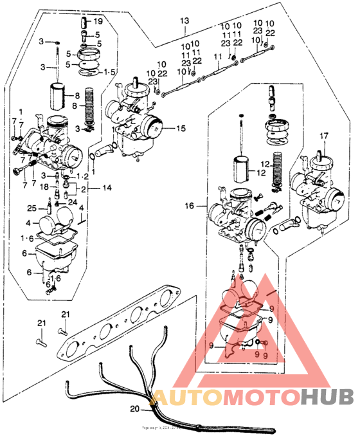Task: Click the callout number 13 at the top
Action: coord(184,21)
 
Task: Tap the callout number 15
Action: coord(181,129)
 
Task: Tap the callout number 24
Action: coord(72,203)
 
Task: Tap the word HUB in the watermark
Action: coord(325,397)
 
